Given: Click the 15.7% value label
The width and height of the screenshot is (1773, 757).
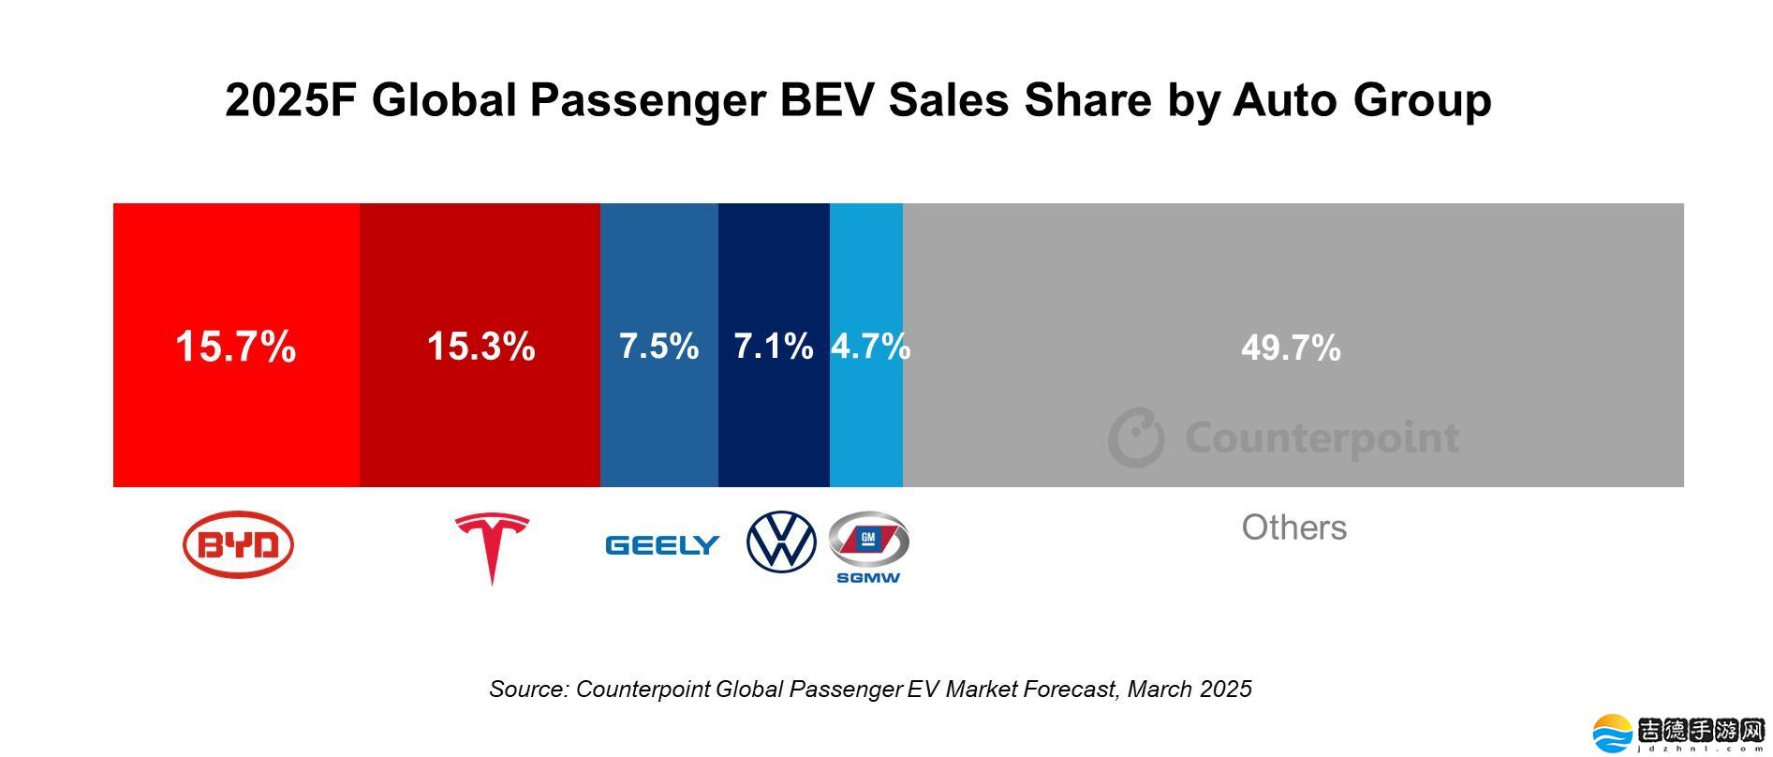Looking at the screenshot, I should point(236,347).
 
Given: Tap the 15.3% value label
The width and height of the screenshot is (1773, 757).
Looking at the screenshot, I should point(480,347).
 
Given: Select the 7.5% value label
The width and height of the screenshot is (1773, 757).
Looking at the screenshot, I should point(658,347).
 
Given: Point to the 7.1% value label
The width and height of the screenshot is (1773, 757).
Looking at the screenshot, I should point(773,347).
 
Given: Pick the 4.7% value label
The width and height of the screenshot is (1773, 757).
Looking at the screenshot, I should point(869,347).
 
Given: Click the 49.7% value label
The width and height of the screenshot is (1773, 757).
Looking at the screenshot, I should point(1291,349).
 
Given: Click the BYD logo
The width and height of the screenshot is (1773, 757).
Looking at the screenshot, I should point(238,544).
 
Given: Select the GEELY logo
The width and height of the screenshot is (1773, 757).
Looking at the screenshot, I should point(662,545).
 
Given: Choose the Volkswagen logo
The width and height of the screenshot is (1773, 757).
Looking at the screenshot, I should point(781,542).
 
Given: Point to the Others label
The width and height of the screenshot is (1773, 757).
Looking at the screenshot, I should point(1293,527).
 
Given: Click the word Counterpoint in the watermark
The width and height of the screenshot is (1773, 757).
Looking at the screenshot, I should point(1322,438).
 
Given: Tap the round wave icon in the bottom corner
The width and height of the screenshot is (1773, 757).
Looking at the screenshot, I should point(1613,734).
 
